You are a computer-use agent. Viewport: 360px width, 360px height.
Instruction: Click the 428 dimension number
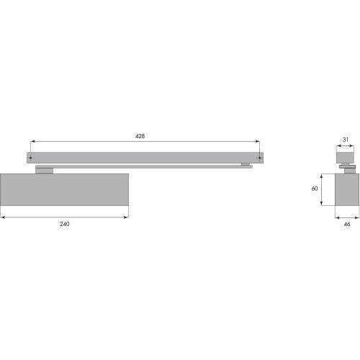click(140, 136)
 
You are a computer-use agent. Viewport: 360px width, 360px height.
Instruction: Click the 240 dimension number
click(65, 224)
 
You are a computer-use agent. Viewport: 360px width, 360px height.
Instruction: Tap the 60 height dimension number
click(315, 189)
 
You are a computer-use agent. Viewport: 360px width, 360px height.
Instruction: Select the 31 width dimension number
click(346, 140)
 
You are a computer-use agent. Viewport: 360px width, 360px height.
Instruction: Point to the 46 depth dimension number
click(347, 224)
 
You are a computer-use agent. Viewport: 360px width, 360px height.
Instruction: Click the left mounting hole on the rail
click(30, 158)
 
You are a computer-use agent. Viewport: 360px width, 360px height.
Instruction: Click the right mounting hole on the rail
click(259, 158)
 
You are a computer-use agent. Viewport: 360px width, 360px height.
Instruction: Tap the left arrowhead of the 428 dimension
click(32, 142)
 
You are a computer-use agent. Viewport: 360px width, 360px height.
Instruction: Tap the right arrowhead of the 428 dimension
click(257, 142)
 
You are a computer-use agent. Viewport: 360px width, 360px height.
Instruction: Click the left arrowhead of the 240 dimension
click(2, 217)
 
